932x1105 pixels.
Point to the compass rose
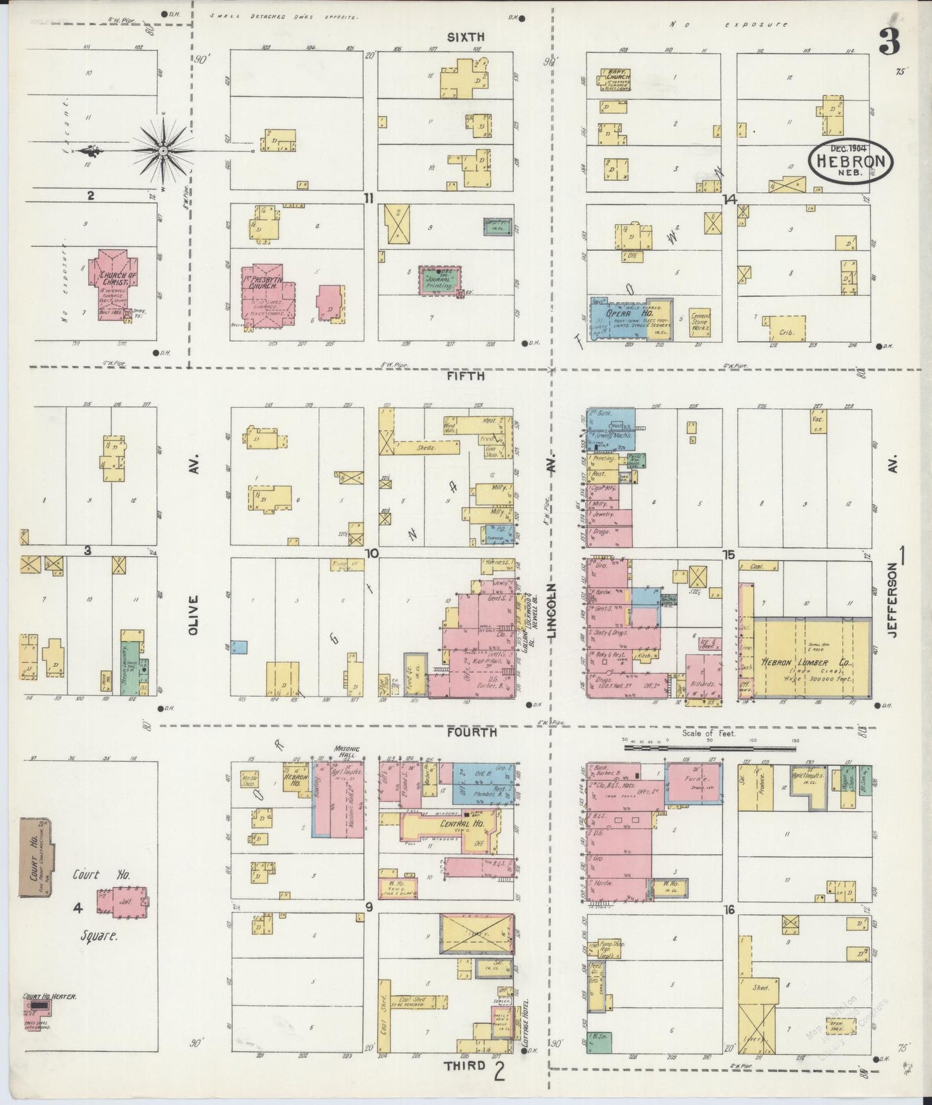[163, 151]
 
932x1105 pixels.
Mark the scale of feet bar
[709, 748]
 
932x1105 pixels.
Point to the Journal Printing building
[441, 280]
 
